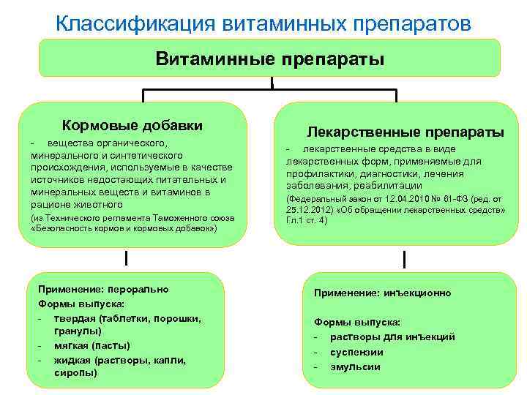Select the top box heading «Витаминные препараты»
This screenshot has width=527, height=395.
click(269, 58)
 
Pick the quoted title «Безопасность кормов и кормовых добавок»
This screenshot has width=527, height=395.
click(124, 229)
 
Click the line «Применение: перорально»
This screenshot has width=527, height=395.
click(102, 289)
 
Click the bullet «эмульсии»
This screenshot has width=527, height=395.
click(355, 366)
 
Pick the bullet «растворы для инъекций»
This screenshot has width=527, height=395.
click(392, 337)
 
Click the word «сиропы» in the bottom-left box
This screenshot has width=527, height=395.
click(75, 372)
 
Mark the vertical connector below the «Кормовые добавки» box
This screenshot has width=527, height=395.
click(127, 258)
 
